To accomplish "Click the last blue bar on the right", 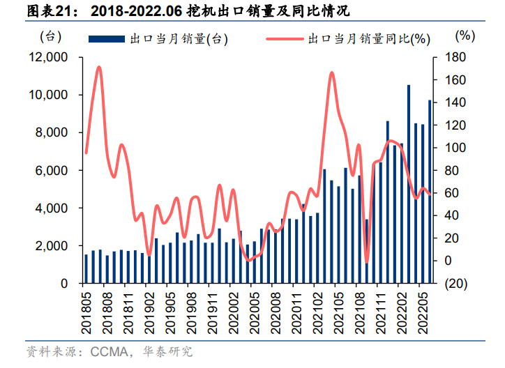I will point(430,192).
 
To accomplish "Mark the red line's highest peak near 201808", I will point(99,68).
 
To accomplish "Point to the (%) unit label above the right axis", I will point(465,35).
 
